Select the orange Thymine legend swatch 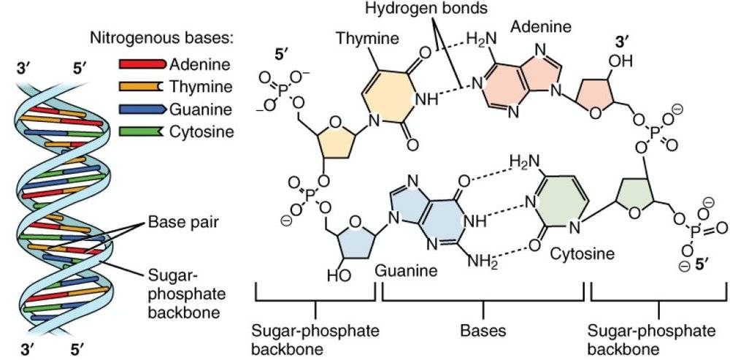coord(141,86)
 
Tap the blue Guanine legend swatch coord(141,109)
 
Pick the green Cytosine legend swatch coord(141,131)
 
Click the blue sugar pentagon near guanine coord(350,235)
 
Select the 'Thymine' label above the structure coord(361,37)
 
